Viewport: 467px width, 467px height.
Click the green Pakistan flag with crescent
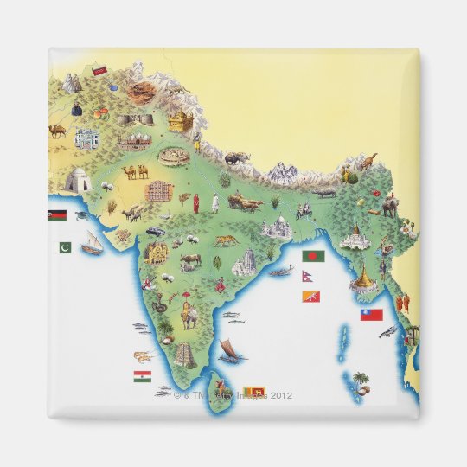tap(65, 247)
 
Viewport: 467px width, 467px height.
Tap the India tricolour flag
tap(142, 376)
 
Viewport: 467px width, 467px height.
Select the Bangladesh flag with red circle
tap(313, 257)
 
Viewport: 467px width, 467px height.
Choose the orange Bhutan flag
tap(310, 297)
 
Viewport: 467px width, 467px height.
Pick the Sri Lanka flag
tap(253, 392)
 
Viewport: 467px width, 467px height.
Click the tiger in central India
tap(227, 240)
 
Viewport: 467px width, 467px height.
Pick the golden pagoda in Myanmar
tap(364, 279)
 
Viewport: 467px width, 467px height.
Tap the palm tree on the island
tap(359, 379)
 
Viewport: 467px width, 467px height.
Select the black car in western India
tap(155, 231)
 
